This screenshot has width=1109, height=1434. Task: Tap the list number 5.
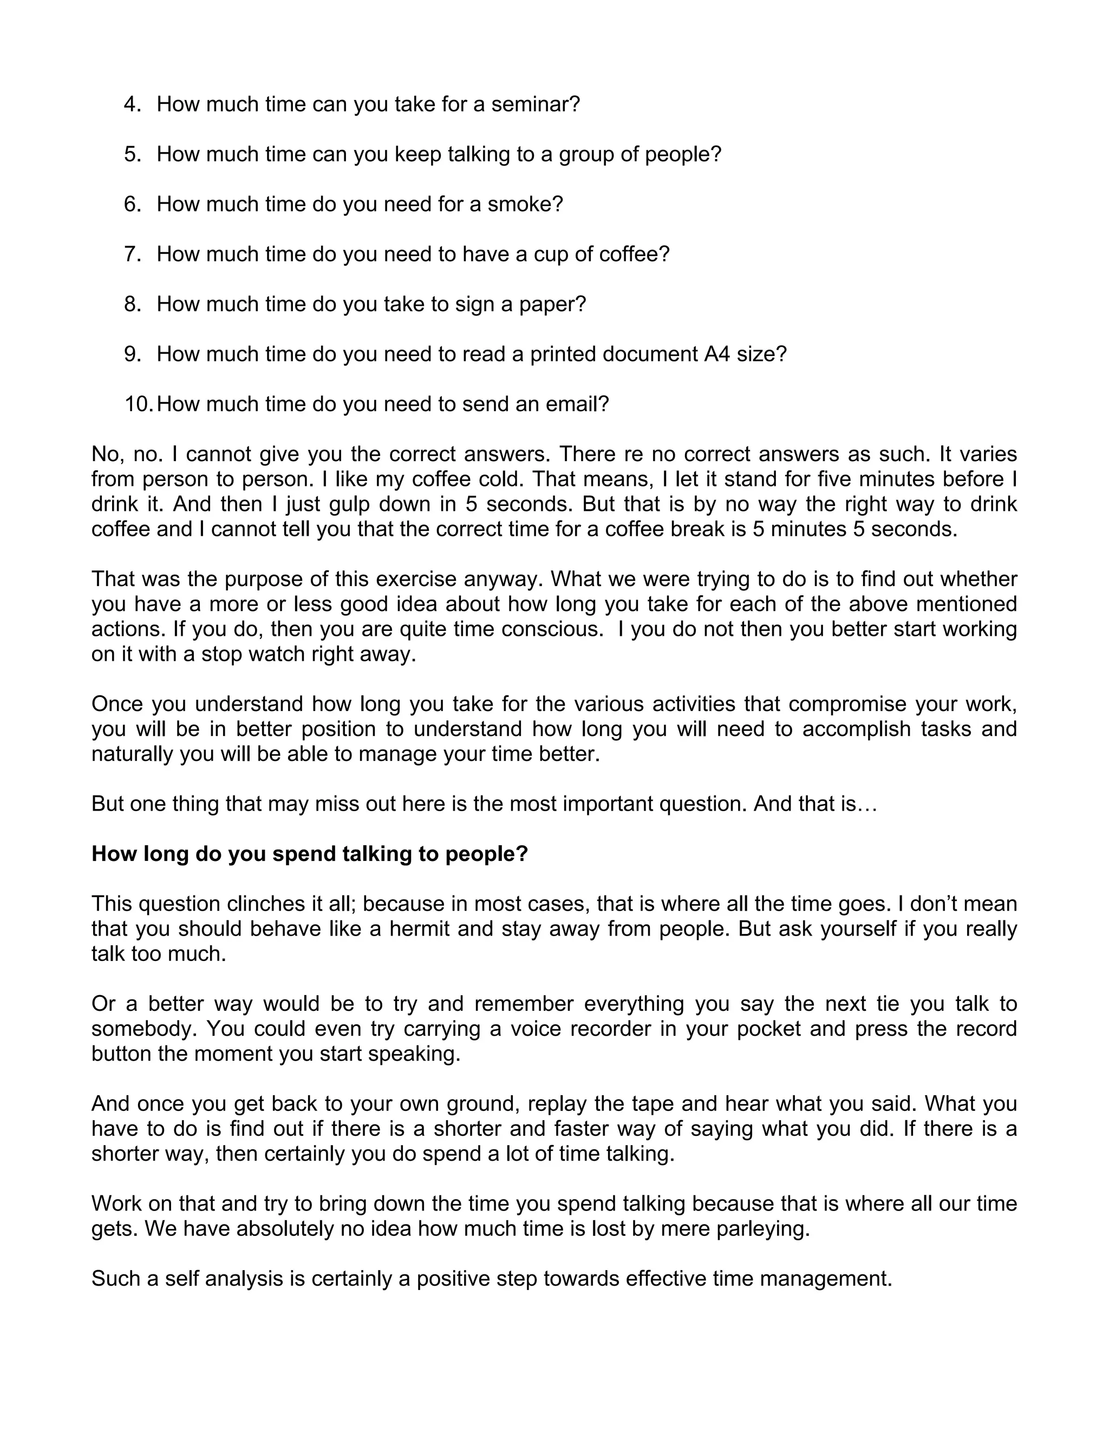(132, 154)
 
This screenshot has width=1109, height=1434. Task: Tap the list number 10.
(139, 404)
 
